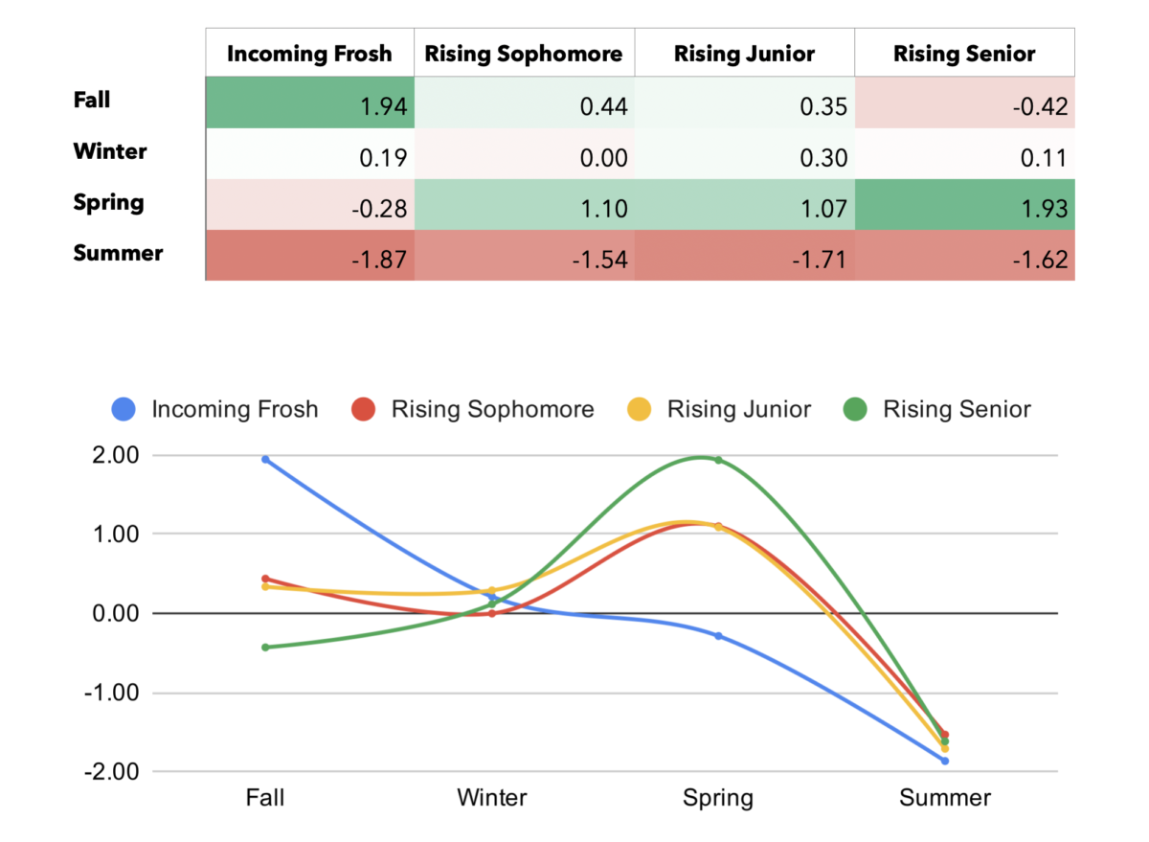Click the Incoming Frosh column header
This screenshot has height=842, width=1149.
[309, 53]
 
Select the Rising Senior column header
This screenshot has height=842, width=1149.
[964, 53]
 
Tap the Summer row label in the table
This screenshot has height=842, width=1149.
[118, 254]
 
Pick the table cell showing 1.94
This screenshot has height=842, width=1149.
[309, 105]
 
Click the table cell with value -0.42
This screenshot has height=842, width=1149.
[964, 105]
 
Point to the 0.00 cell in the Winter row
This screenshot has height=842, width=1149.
[524, 156]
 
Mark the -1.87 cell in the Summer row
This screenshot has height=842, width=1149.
[309, 259]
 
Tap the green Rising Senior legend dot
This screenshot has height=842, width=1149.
[855, 410]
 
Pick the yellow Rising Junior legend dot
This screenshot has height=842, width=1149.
[640, 410]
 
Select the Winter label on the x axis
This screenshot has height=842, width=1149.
[491, 798]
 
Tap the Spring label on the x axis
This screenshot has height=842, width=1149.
[717, 798]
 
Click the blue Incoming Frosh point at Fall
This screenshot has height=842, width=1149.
[265, 459]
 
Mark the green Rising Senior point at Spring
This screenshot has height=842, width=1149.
[718, 460]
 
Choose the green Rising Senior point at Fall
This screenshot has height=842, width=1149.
[265, 647]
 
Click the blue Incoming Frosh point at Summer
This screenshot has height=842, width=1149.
[945, 761]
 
